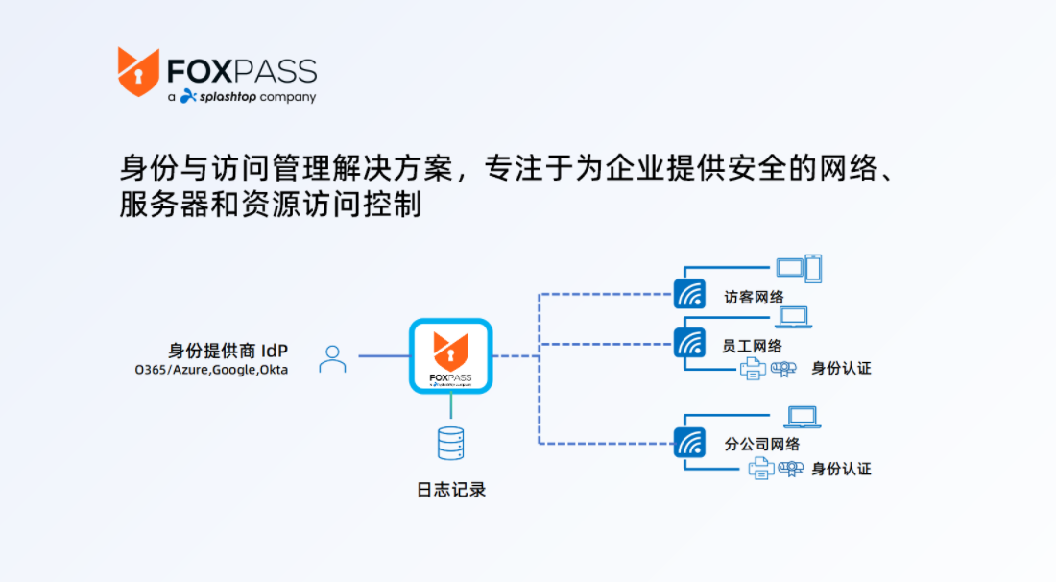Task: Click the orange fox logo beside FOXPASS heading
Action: click(138, 71)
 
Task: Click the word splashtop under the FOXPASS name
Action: click(228, 97)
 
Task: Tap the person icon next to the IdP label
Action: click(333, 359)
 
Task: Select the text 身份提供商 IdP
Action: click(228, 351)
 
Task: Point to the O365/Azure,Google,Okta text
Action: click(211, 370)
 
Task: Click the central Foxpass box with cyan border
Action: click(450, 355)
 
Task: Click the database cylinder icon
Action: click(450, 444)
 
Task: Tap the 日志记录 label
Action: click(451, 490)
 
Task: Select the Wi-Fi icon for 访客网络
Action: click(689, 294)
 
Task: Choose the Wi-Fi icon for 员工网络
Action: click(689, 343)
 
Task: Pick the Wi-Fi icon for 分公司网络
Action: click(689, 443)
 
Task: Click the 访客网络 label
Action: click(755, 297)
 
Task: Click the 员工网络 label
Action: click(753, 347)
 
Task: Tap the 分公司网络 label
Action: click(761, 444)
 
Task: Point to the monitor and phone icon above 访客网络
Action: click(799, 269)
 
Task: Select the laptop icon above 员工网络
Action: click(794, 317)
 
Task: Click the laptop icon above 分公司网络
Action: click(803, 417)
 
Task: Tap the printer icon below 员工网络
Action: click(753, 369)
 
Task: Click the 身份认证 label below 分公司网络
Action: click(841, 469)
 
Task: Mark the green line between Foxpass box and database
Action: click(450, 406)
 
